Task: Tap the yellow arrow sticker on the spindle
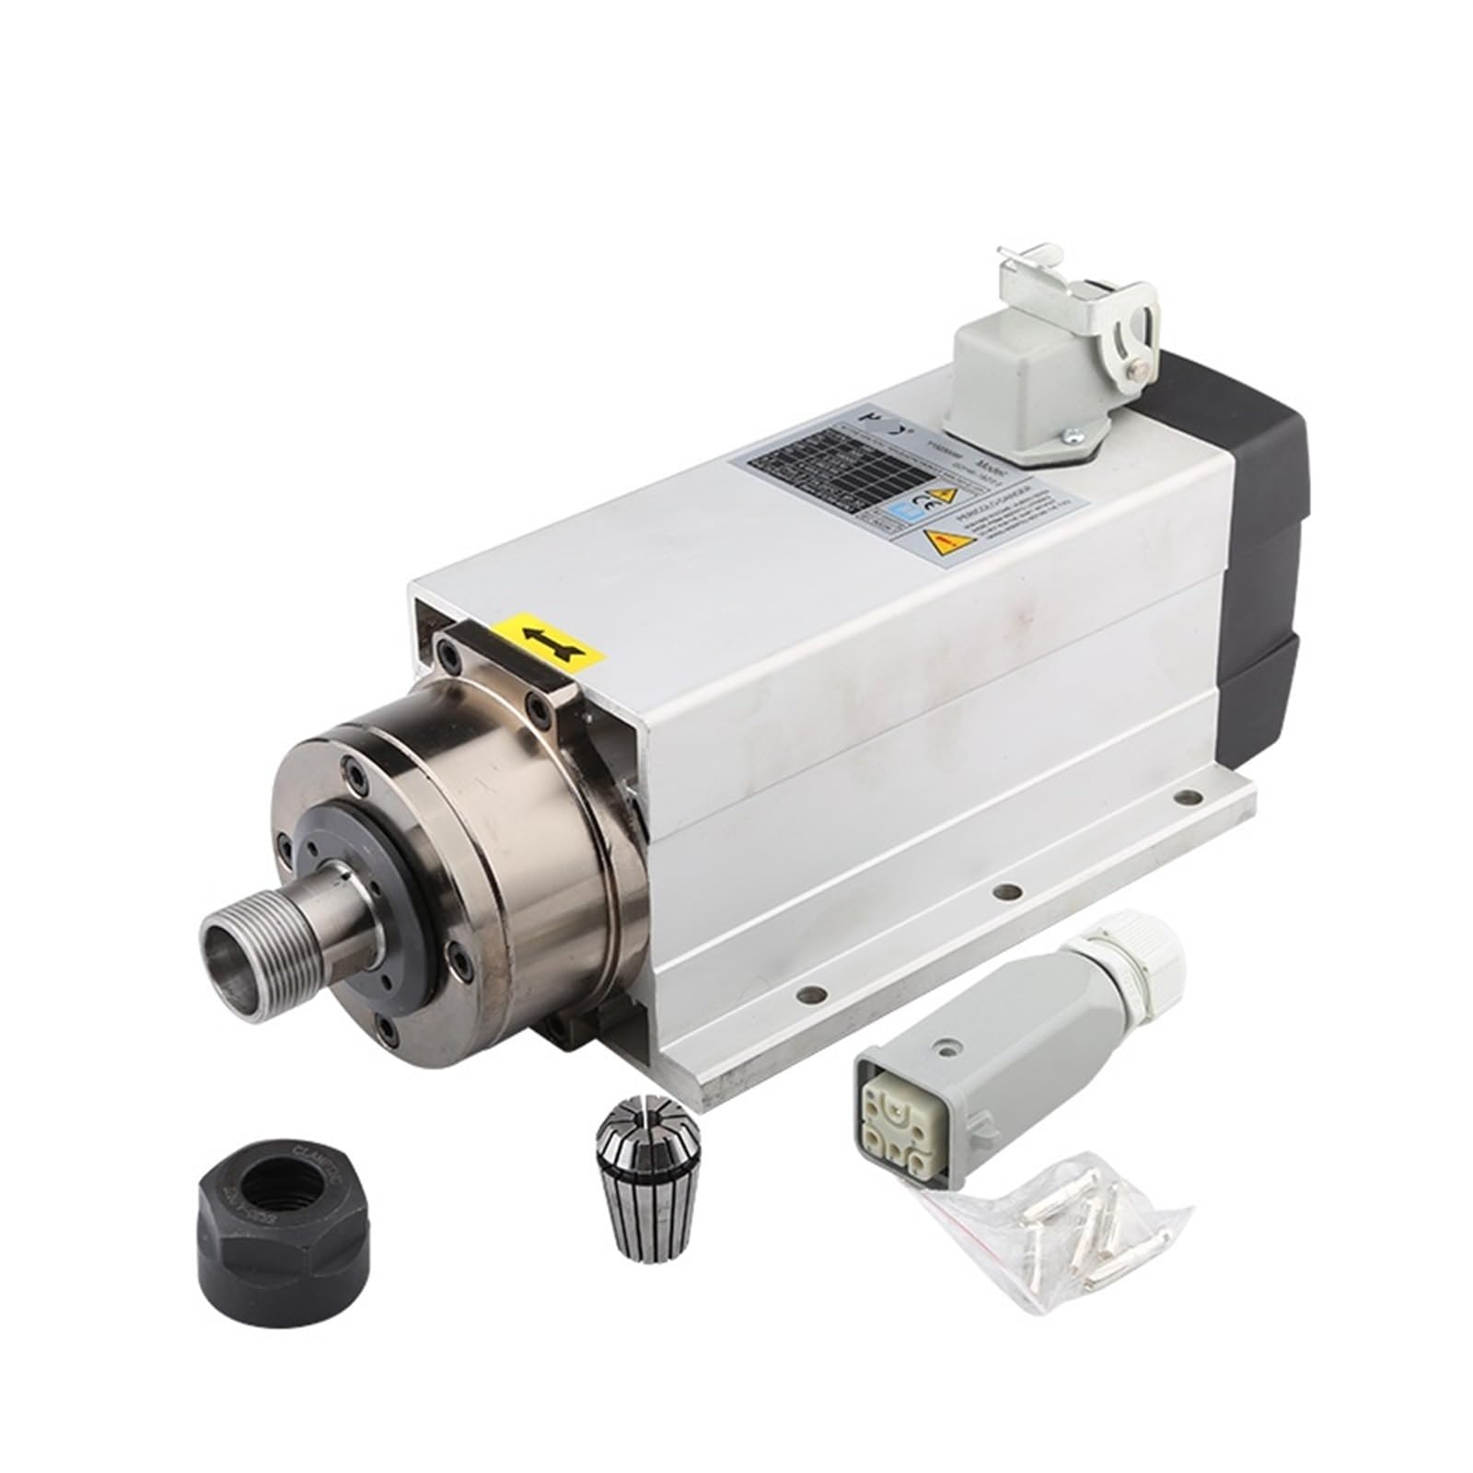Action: [549, 638]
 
